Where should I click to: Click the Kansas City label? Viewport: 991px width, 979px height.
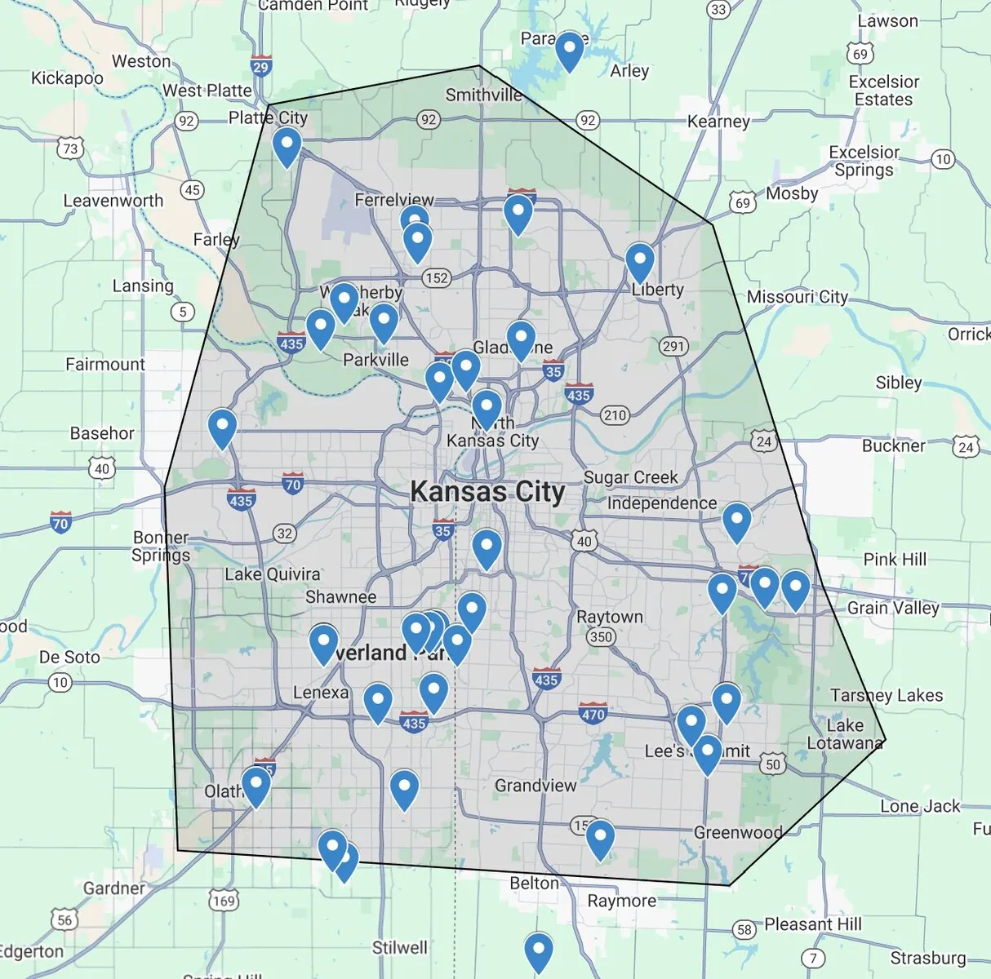[x=487, y=492]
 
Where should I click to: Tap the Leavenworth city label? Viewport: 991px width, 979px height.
[x=113, y=201]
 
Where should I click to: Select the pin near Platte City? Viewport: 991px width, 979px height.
[x=287, y=147]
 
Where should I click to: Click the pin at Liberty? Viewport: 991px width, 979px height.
[x=640, y=262]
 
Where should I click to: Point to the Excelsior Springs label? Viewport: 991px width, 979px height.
[x=864, y=161]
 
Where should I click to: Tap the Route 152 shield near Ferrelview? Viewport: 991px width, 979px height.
[x=437, y=278]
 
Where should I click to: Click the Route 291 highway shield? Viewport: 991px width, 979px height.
[x=673, y=346]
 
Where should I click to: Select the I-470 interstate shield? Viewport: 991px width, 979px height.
[x=593, y=714]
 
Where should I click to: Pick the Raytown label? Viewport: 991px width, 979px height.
[x=610, y=617]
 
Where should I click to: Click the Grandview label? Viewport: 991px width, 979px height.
[x=535, y=786]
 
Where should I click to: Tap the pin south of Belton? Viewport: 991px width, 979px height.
[x=538, y=951]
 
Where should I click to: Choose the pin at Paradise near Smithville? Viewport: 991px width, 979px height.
[x=569, y=51]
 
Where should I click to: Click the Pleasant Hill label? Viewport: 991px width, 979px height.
[x=812, y=924]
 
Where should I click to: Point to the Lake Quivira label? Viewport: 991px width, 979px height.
[x=272, y=574]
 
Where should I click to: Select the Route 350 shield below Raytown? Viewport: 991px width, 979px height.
[x=601, y=637]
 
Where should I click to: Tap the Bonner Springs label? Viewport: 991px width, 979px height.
[x=161, y=547]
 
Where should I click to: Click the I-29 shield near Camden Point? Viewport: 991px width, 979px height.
[x=260, y=67]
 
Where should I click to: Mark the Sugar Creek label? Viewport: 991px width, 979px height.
[x=630, y=477]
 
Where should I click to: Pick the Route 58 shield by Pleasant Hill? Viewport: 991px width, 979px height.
[x=744, y=929]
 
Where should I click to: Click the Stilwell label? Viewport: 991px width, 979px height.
[x=399, y=947]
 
